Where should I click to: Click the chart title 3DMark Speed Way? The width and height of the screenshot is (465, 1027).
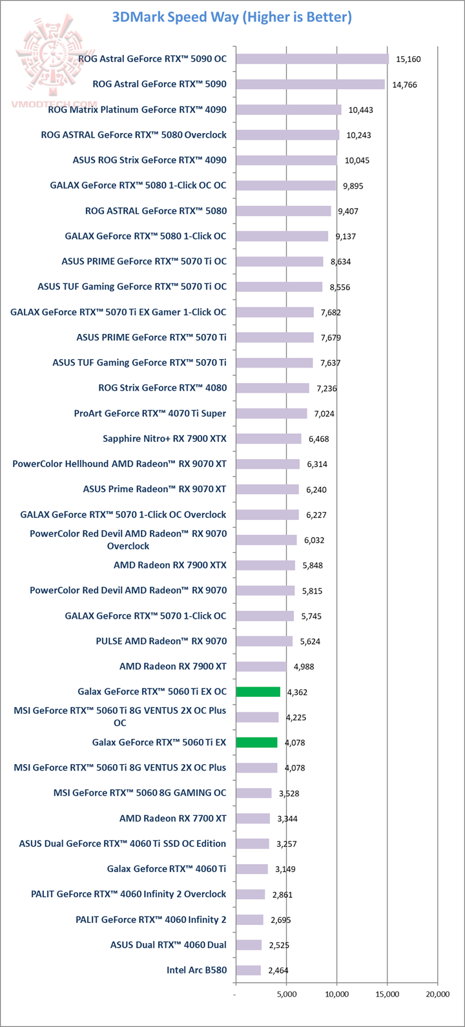click(x=232, y=17)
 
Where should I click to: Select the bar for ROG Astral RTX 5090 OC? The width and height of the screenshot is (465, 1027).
click(x=312, y=59)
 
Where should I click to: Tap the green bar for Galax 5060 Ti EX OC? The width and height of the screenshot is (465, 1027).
click(x=258, y=692)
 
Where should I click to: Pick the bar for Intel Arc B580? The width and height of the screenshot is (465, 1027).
click(x=249, y=970)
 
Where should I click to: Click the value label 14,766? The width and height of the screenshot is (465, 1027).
click(x=405, y=85)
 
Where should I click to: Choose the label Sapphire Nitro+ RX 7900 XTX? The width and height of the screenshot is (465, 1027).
click(x=165, y=439)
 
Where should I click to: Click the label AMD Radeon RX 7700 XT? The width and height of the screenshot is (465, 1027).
click(x=172, y=818)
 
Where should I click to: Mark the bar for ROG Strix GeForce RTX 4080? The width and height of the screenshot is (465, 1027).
click(x=273, y=388)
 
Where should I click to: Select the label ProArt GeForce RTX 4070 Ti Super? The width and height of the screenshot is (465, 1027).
click(x=150, y=413)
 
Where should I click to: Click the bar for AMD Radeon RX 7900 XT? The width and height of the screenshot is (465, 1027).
click(x=261, y=667)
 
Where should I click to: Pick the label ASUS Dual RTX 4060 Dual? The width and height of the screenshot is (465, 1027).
click(x=168, y=945)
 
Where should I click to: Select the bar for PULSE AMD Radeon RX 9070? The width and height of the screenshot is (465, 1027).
click(x=264, y=641)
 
